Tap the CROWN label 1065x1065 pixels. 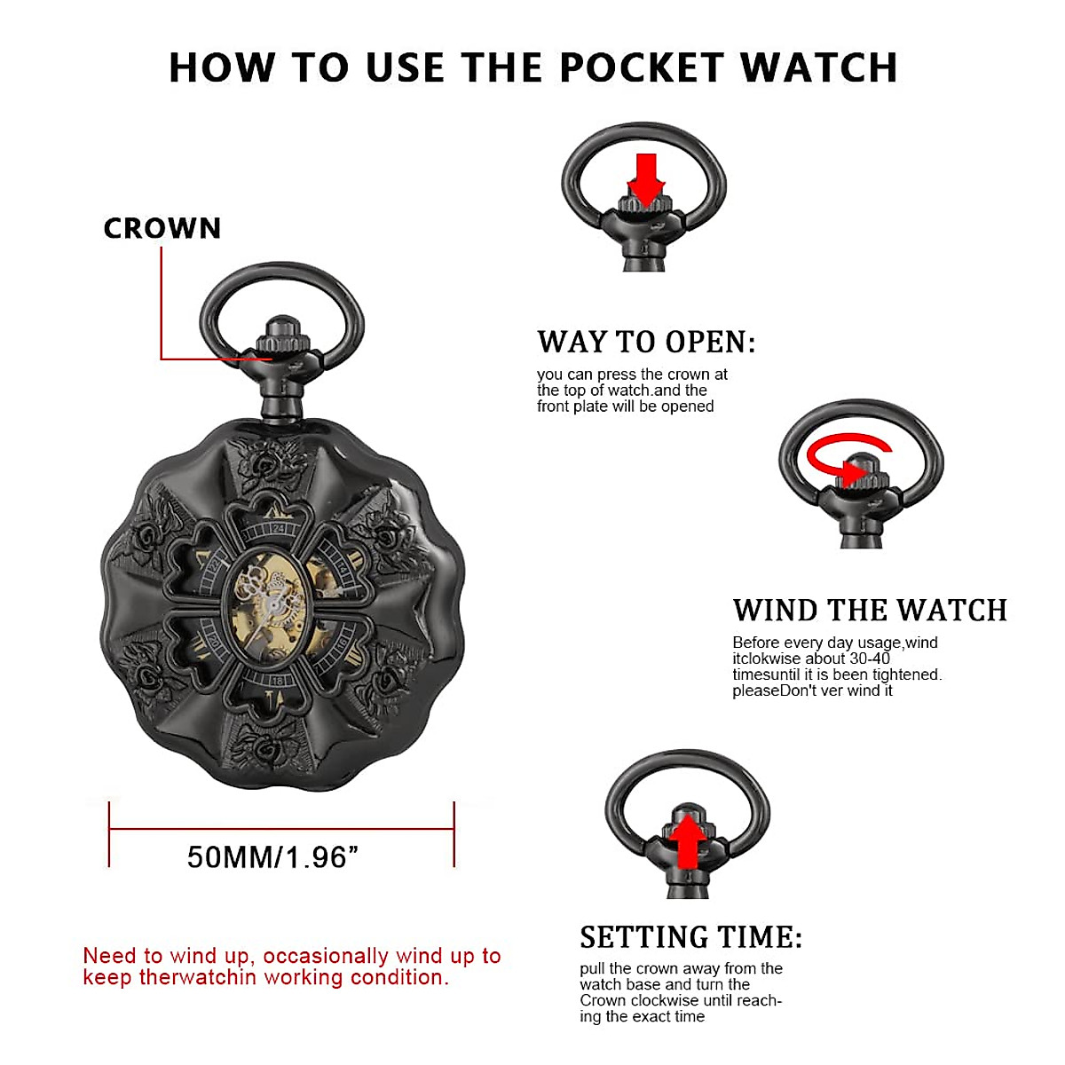162,229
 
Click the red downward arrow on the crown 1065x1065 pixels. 646,177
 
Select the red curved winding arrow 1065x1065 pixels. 843,457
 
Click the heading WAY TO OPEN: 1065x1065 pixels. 646,342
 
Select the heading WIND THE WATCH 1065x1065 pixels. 870,611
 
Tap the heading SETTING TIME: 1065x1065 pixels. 690,937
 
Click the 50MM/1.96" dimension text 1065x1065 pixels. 272,857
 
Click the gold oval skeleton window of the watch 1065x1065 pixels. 269,603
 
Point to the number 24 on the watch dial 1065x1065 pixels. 279,528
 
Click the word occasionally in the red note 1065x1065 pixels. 326,956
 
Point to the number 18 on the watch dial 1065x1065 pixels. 278,681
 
